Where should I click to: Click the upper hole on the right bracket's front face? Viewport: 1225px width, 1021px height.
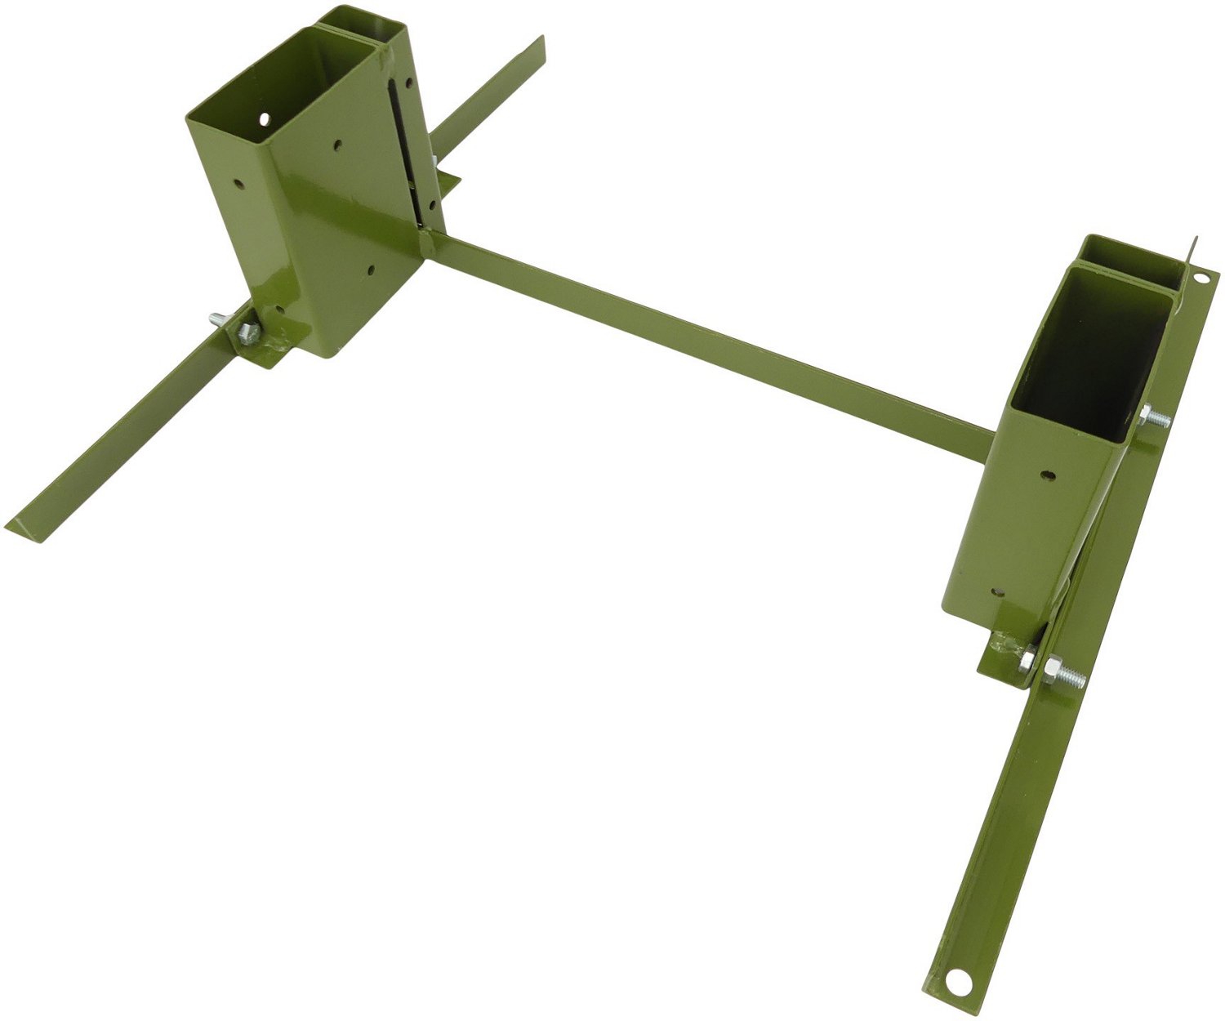pos(1046,475)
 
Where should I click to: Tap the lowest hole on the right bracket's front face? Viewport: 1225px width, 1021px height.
pos(993,587)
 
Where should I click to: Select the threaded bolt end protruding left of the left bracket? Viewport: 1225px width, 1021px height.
pos(216,318)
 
